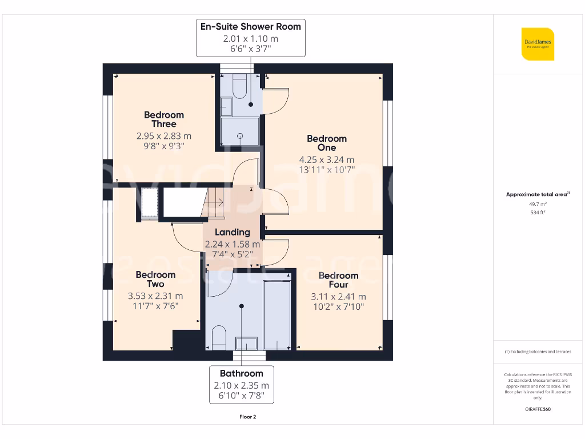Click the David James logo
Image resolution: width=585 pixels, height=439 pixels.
[537, 44]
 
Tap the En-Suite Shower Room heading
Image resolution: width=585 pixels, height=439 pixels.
[250, 26]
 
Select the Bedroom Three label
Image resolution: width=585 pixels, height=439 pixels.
[164, 119]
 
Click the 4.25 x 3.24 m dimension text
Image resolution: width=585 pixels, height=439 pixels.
[327, 159]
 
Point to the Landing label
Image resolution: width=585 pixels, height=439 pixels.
[233, 232]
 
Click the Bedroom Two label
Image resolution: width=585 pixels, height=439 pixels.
[155, 280]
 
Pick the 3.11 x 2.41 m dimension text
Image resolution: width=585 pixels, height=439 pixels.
[338, 297]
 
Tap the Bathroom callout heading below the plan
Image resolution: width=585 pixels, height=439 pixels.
[241, 373]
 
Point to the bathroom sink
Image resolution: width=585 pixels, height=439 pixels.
[246, 343]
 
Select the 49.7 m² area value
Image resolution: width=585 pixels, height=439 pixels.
[537, 203]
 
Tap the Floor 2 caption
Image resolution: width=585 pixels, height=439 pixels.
[247, 417]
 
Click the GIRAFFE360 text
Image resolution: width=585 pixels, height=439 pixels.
[537, 409]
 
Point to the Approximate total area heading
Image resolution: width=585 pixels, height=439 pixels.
[536, 194]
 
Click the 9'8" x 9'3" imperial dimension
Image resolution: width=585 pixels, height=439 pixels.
[164, 146]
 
